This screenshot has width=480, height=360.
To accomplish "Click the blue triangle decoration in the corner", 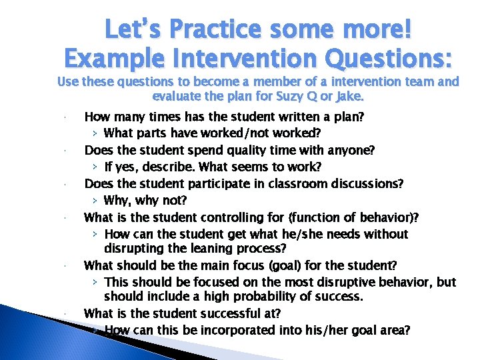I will click(40, 320).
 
